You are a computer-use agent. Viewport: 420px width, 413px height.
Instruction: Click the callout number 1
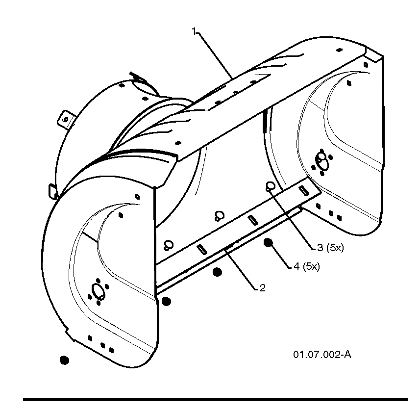coord(194,31)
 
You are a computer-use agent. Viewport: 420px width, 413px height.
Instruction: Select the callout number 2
coord(263,288)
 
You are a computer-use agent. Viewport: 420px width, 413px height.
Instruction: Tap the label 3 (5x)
coord(330,248)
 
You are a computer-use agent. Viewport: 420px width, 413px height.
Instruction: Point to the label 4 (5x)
coord(307,266)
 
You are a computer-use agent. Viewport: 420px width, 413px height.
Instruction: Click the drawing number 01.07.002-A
coord(322,355)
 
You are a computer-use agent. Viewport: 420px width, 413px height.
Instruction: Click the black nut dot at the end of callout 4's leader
coord(268,243)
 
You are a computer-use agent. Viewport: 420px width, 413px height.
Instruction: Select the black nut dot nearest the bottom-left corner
coord(64,360)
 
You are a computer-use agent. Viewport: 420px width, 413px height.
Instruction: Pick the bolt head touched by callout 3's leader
coord(270,186)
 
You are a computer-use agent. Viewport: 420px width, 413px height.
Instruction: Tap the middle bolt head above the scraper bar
coord(220,215)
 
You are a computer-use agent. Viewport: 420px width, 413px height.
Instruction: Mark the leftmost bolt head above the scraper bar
coord(169,245)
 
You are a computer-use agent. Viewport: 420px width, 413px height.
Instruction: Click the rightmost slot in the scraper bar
coord(303,190)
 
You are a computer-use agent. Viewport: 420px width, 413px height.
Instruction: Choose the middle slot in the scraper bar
coord(252,220)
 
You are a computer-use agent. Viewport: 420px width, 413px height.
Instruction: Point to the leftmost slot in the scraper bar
coord(202,250)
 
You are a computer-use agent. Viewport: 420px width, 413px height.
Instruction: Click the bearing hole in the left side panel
coord(98,291)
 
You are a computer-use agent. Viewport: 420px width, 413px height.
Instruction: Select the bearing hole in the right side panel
coord(321,161)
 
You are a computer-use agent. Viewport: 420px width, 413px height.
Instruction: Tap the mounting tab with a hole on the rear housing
coord(66,119)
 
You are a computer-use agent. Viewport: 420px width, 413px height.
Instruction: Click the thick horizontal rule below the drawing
coord(215,399)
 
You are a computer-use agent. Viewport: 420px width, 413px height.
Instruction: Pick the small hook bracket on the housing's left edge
coord(52,191)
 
